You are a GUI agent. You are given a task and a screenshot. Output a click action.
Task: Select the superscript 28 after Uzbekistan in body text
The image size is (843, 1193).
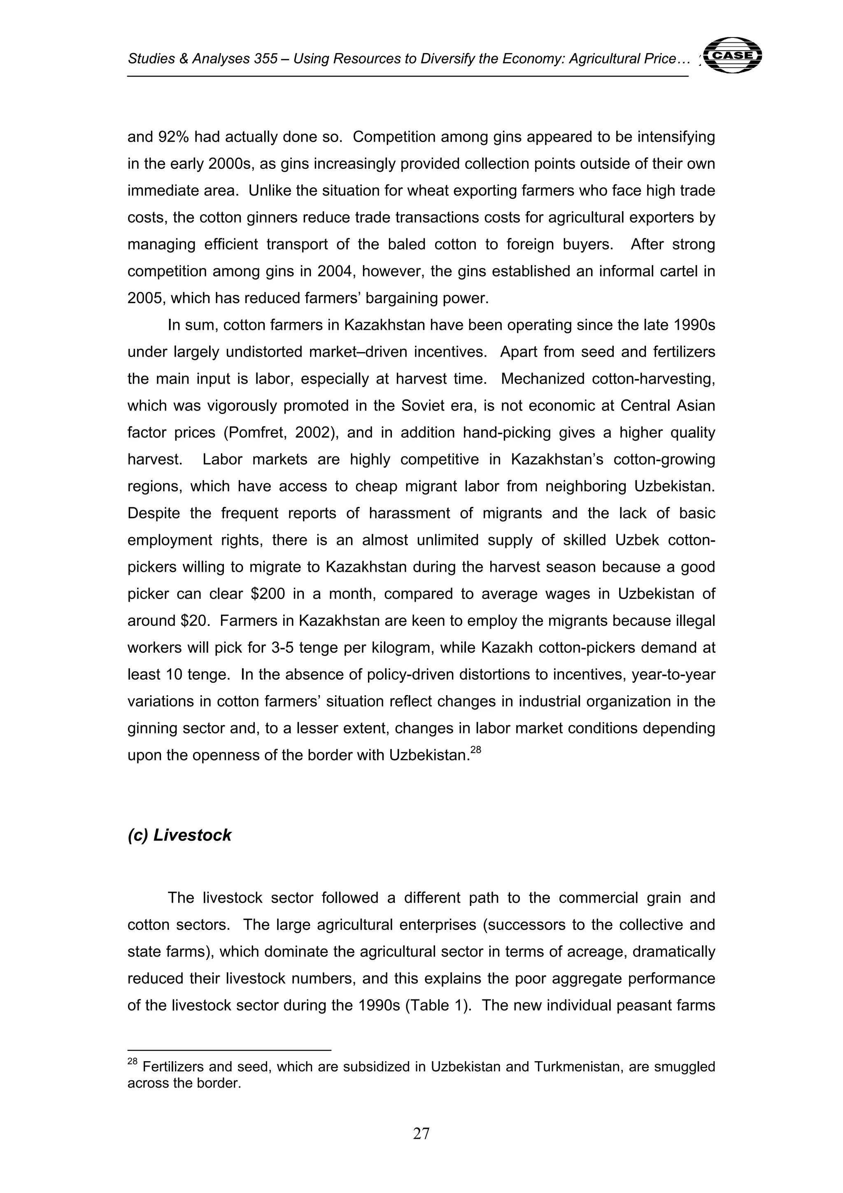point(476,750)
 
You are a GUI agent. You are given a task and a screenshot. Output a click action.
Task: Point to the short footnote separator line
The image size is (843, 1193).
point(229,1050)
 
